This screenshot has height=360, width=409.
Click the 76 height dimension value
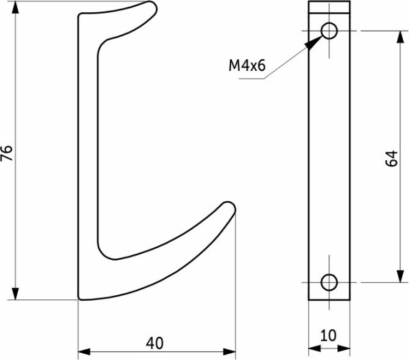(x=7, y=153)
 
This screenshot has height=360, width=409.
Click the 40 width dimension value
(x=155, y=343)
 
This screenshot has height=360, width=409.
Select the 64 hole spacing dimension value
(x=391, y=158)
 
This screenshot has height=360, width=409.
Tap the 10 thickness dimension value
(x=328, y=335)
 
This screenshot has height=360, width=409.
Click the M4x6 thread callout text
(x=247, y=65)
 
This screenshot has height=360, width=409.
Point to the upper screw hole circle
(x=329, y=31)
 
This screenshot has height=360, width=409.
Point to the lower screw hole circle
(x=329, y=282)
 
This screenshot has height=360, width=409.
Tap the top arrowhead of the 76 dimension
(x=16, y=7)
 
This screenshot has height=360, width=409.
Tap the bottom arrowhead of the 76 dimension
(x=16, y=294)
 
